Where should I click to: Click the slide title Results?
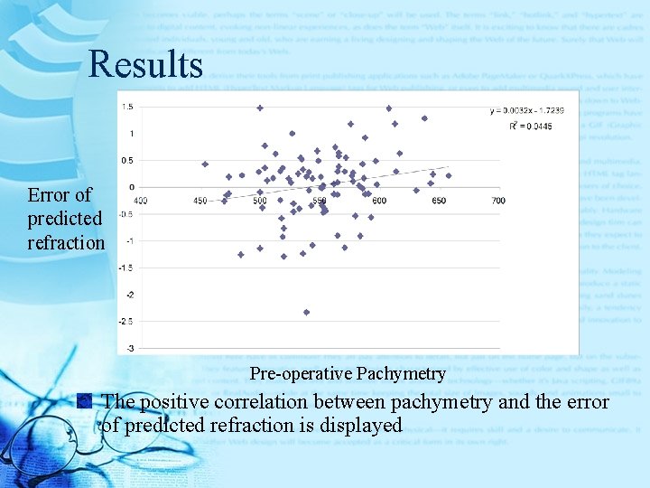point(145,64)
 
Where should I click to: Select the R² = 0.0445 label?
point(529,126)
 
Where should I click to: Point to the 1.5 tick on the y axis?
point(128,107)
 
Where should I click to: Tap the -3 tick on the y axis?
point(131,348)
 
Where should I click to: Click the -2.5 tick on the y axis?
point(128,321)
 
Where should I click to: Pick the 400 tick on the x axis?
point(141,200)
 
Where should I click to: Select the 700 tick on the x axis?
point(498,200)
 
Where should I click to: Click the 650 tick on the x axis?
point(439,200)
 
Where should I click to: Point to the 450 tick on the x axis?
point(200,200)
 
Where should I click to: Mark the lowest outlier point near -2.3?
point(307,312)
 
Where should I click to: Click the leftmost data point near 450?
point(205,164)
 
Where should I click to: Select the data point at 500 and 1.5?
point(260,108)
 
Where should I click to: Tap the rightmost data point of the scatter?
point(448,175)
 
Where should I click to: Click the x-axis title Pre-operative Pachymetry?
point(348,373)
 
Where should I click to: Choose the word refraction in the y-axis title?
point(66,242)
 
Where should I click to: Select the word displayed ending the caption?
point(357,425)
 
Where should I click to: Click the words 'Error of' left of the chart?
point(60,195)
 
